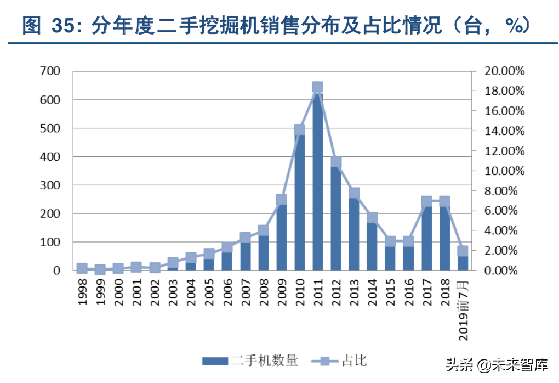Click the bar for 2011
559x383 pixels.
click(x=317, y=181)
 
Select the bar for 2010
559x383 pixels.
click(x=299, y=203)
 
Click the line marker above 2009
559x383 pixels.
click(x=281, y=200)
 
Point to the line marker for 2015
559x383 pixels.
click(x=390, y=241)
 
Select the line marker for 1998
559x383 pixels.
click(x=82, y=268)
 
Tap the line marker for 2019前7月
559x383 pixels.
click(x=463, y=251)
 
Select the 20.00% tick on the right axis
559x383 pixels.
click(x=504, y=71)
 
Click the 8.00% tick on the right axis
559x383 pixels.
click(x=504, y=191)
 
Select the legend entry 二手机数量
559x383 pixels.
click(x=250, y=361)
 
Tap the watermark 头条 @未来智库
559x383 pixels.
click(x=497, y=364)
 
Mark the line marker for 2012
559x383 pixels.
click(x=336, y=162)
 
